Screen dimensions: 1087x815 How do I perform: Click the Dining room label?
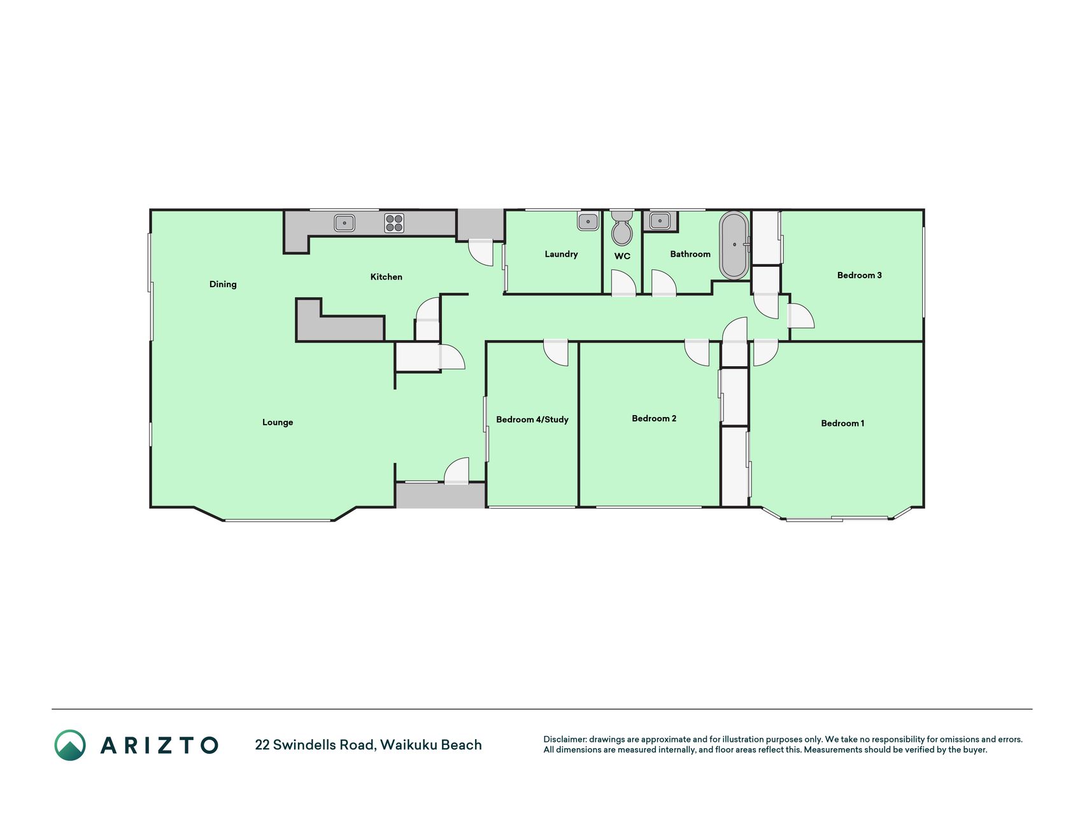223,284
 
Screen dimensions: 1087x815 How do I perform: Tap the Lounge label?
278,422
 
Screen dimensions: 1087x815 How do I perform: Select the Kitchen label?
387,276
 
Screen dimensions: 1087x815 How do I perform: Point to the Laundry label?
561,254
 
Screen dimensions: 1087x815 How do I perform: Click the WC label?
622,256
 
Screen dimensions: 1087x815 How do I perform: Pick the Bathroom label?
690,254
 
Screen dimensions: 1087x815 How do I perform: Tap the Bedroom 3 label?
860,275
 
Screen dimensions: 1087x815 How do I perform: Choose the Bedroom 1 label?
842,423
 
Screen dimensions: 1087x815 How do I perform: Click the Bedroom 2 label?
654,418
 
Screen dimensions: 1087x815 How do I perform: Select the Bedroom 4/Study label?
532,420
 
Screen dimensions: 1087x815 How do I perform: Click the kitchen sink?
345,223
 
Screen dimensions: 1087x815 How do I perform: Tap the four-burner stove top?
394,223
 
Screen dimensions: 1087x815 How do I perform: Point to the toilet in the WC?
622,229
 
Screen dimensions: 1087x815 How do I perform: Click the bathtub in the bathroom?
734,245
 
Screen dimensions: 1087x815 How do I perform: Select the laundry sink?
588,222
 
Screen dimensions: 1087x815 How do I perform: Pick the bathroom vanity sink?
660,222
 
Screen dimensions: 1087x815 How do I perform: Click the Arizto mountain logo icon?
70,745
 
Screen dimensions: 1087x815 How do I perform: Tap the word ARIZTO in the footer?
159,745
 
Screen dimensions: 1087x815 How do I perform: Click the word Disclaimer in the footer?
564,739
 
